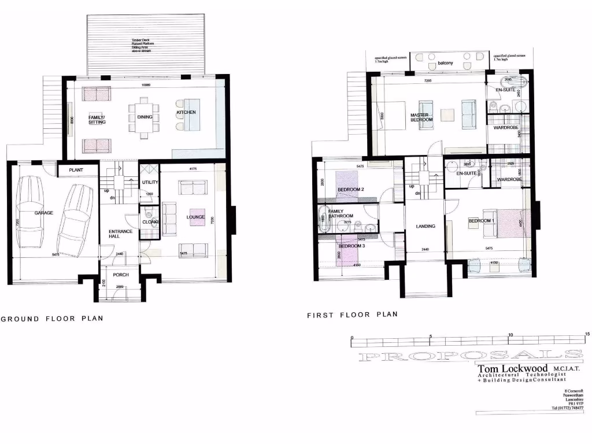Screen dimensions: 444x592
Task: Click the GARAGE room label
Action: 43,213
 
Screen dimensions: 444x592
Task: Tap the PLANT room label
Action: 76,170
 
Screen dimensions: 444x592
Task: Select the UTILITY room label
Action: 150,183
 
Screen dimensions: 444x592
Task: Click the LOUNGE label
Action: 196,217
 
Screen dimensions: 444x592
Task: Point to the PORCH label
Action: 121,275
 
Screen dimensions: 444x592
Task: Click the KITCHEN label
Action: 186,112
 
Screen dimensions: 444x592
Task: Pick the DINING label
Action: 145,117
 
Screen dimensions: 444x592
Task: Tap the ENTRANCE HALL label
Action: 121,234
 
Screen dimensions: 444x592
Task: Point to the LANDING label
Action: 425,226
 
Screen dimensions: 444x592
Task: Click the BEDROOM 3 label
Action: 351,246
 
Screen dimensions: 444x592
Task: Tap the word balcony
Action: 445,63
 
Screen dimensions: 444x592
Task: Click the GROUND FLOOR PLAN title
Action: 52,319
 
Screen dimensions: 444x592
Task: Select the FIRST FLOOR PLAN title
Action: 353,315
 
